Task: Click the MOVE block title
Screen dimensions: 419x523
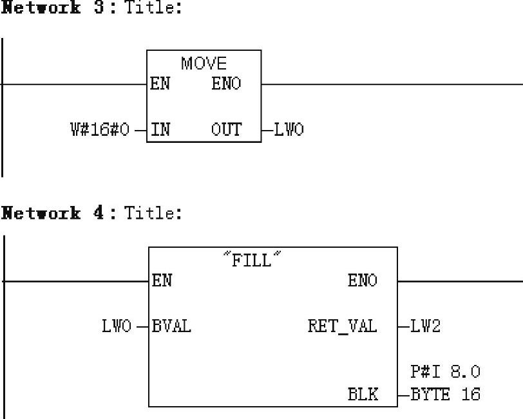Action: click(x=204, y=63)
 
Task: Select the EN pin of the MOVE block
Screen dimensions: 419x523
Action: click(x=160, y=84)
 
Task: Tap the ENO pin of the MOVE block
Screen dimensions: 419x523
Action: click(x=226, y=84)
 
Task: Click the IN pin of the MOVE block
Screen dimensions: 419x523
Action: click(x=160, y=130)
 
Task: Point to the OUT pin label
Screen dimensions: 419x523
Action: click(x=226, y=130)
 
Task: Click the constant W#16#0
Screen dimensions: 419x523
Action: click(x=99, y=130)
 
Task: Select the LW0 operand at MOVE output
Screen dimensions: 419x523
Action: click(x=289, y=130)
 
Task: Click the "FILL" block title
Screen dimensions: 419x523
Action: click(x=252, y=260)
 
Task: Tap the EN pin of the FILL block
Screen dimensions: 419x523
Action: click(x=162, y=281)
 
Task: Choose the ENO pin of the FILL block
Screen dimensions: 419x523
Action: click(x=363, y=281)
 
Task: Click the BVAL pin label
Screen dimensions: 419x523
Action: click(x=171, y=326)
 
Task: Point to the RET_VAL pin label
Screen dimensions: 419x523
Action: click(x=342, y=326)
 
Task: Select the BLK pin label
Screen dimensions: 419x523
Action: click(x=363, y=394)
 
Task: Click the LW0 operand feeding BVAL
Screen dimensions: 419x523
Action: click(x=116, y=326)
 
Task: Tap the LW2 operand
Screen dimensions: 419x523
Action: click(x=426, y=326)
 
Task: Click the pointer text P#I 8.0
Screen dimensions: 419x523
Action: click(x=445, y=371)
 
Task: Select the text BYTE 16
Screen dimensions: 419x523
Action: click(x=445, y=394)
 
